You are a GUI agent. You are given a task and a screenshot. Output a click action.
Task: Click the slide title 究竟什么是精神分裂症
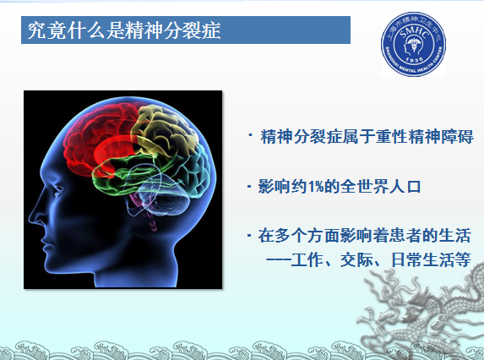[x=124, y=30]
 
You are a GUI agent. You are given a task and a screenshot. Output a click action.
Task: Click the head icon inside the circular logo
[x=413, y=46]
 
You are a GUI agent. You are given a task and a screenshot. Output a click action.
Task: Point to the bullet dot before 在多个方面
[x=249, y=236]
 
